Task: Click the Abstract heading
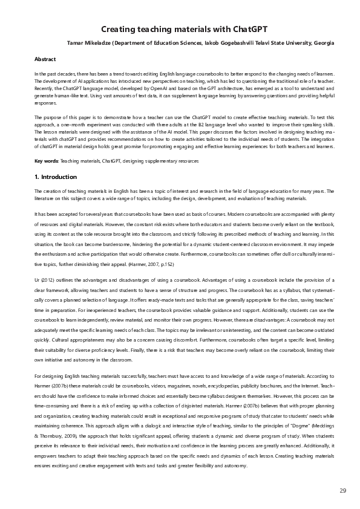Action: (x=45, y=59)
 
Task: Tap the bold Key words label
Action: (x=46, y=160)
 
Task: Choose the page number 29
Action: (x=343, y=490)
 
